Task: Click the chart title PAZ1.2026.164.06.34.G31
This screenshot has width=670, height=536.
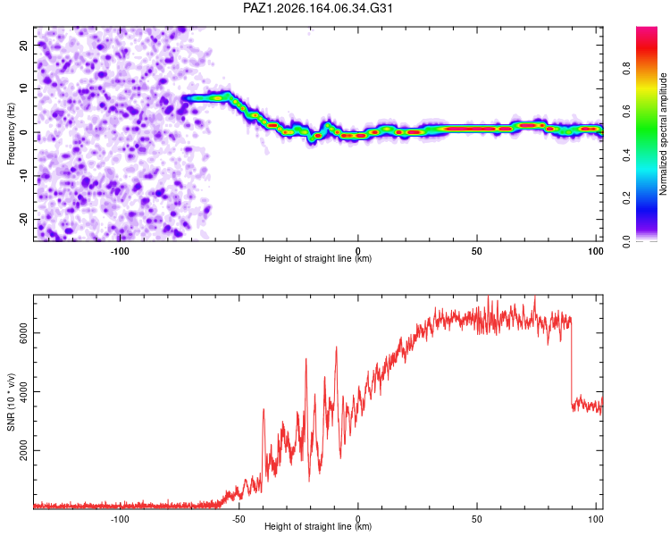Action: click(317, 8)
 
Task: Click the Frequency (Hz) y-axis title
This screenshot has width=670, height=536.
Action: click(11, 134)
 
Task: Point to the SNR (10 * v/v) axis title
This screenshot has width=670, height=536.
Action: click(11, 402)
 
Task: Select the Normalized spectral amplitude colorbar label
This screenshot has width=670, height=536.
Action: click(663, 134)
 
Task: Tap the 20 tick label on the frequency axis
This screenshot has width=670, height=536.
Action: click(23, 45)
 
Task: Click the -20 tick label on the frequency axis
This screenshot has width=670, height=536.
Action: click(23, 219)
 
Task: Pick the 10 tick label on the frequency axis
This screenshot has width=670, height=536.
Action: click(23, 88)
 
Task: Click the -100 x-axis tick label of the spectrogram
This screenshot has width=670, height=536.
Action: click(120, 251)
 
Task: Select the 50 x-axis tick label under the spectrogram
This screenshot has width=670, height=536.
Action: click(477, 251)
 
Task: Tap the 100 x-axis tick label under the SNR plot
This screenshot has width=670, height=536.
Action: click(596, 519)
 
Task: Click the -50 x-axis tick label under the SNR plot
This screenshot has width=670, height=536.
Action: click(239, 519)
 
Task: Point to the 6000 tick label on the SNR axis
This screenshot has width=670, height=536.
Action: click(23, 332)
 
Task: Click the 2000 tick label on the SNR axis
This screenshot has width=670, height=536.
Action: click(23, 450)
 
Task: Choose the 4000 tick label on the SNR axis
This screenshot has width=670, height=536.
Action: click(23, 391)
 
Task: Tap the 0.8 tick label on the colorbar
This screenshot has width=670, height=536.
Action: click(626, 69)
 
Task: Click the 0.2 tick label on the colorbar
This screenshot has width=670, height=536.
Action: click(626, 198)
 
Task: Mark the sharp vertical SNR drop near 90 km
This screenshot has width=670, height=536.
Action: click(572, 364)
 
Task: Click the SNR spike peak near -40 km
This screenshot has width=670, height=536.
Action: click(264, 409)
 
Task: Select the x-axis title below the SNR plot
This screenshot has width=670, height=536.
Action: click(318, 526)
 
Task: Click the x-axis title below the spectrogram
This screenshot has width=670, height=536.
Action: click(318, 258)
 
